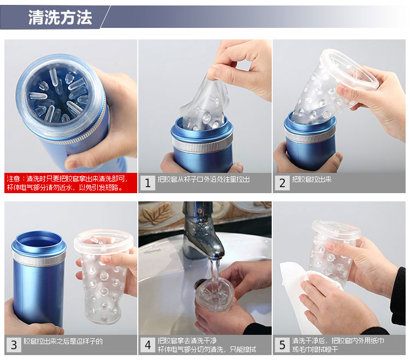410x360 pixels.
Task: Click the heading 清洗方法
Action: click(x=60, y=18)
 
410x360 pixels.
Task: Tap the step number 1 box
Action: click(x=148, y=183)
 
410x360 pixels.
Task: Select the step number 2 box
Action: click(x=282, y=183)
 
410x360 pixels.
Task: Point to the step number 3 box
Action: click(x=14, y=345)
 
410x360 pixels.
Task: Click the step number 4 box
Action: click(x=148, y=345)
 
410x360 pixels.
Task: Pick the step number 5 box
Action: click(x=282, y=345)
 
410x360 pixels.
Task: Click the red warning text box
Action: click(x=71, y=183)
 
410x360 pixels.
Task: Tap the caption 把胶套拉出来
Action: click(x=312, y=179)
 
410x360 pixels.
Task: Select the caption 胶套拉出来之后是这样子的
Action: click(x=63, y=341)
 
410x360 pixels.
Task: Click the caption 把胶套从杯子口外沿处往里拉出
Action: click(x=203, y=179)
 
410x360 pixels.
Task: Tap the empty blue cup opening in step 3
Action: click(x=39, y=240)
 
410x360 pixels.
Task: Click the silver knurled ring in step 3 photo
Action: click(x=39, y=259)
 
